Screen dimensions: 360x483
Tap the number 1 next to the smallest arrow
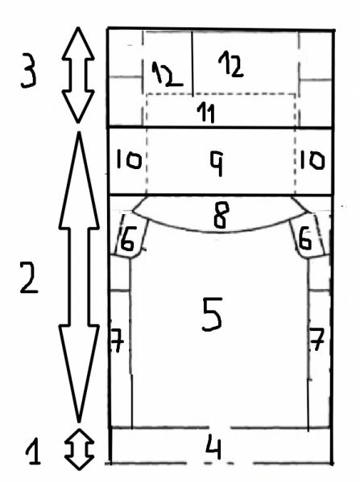click(33, 452)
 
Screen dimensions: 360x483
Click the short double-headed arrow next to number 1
click(79, 449)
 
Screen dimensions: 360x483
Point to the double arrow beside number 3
click(78, 75)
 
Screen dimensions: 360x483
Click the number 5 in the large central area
click(212, 314)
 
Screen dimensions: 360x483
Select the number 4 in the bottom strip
click(214, 446)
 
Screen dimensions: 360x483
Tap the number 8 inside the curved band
click(221, 215)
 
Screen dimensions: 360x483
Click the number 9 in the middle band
click(217, 164)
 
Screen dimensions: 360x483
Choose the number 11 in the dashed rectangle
click(206, 113)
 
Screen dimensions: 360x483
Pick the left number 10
click(129, 160)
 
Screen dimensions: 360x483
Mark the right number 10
click(312, 160)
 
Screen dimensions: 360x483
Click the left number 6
click(127, 238)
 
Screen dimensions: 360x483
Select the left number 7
click(117, 341)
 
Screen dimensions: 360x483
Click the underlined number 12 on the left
click(167, 74)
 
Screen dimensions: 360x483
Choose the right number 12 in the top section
click(231, 64)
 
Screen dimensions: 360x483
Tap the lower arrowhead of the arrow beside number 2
click(79, 374)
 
